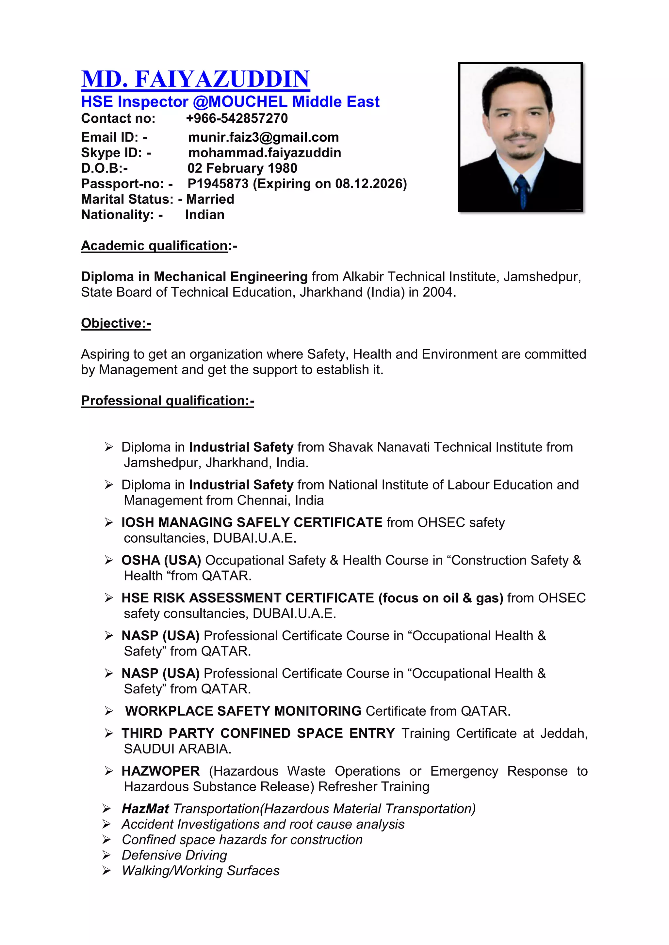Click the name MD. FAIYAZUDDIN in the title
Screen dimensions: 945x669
[195, 79]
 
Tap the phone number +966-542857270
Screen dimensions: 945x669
[237, 118]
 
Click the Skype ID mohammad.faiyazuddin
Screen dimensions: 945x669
[265, 153]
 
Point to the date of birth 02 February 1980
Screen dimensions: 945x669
[242, 168]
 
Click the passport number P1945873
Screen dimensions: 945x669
[218, 184]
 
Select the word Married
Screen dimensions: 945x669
[210, 199]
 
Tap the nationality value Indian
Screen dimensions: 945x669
[205, 215]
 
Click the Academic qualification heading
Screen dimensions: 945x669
[155, 246]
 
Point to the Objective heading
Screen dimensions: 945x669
[116, 323]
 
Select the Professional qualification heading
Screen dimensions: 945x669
[167, 400]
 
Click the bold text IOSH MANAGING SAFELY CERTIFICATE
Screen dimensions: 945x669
[252, 522]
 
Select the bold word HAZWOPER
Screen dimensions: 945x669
[161, 771]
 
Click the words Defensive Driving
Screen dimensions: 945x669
[174, 855]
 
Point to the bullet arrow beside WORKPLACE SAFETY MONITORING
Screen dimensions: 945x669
[109, 711]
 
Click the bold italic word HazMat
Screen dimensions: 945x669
[145, 809]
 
